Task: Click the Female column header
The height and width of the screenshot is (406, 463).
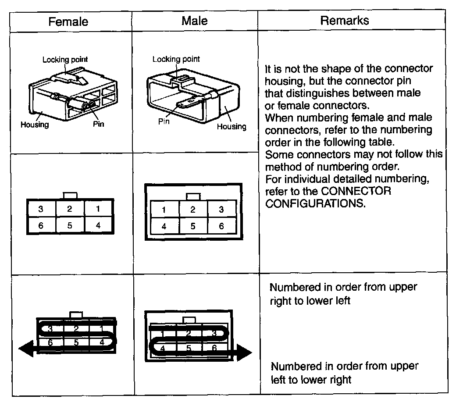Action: pyautogui.click(x=68, y=21)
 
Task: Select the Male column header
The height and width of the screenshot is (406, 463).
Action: pyautogui.click(x=194, y=21)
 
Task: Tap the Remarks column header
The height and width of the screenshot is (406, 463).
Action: pyautogui.click(x=344, y=20)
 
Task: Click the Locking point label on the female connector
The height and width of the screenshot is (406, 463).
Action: pyautogui.click(x=65, y=59)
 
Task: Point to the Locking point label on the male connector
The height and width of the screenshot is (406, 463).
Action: pyautogui.click(x=176, y=59)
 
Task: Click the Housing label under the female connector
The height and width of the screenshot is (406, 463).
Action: pyautogui.click(x=35, y=125)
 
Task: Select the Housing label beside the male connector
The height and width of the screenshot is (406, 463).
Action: pyautogui.click(x=231, y=127)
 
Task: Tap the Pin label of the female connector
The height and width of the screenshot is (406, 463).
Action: pyautogui.click(x=98, y=124)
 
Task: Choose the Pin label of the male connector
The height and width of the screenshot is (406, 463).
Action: pyautogui.click(x=164, y=121)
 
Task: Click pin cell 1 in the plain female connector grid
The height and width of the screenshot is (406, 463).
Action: pyautogui.click(x=98, y=209)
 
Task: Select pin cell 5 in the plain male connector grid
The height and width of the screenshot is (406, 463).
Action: pyautogui.click(x=192, y=226)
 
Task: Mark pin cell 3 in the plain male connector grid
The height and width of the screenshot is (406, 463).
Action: pyautogui.click(x=221, y=210)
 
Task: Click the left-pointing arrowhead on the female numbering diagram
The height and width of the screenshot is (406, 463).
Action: pyautogui.click(x=25, y=349)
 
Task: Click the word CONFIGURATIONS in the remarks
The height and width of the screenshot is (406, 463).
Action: pyautogui.click(x=315, y=204)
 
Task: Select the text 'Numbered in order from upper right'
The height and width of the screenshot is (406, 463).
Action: pyautogui.click(x=343, y=287)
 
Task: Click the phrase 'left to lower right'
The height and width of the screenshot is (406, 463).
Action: pyautogui.click(x=311, y=379)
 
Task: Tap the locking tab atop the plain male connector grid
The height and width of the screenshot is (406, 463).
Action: pyautogui.click(x=192, y=197)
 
